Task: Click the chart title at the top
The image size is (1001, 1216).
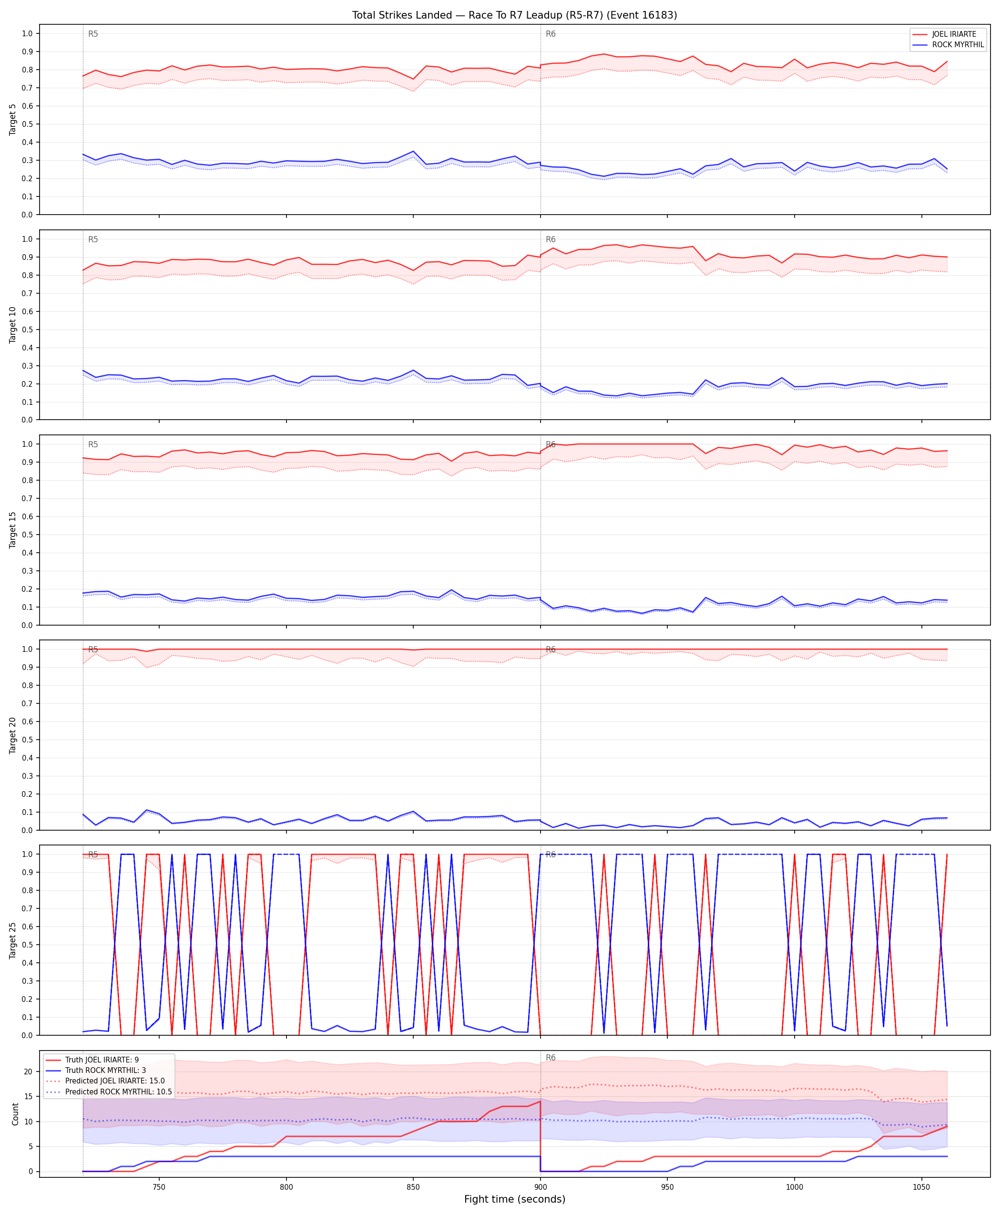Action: (514, 15)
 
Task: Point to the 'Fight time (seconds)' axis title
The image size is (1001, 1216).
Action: (514, 1199)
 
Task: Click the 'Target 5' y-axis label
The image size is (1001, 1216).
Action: (13, 119)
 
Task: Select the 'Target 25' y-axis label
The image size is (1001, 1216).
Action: (13, 941)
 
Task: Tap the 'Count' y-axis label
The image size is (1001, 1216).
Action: (15, 1114)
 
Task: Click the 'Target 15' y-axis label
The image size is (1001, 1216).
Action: (13, 530)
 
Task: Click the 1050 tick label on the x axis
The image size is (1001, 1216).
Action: (921, 1187)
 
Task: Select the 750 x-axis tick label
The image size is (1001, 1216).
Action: (159, 1187)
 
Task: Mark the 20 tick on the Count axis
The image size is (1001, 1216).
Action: (28, 1072)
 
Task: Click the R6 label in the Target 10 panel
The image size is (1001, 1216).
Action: (551, 239)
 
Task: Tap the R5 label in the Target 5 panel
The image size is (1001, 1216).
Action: (93, 34)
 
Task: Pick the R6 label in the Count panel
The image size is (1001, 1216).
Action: (551, 1058)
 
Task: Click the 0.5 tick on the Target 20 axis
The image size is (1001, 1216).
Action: (27, 740)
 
